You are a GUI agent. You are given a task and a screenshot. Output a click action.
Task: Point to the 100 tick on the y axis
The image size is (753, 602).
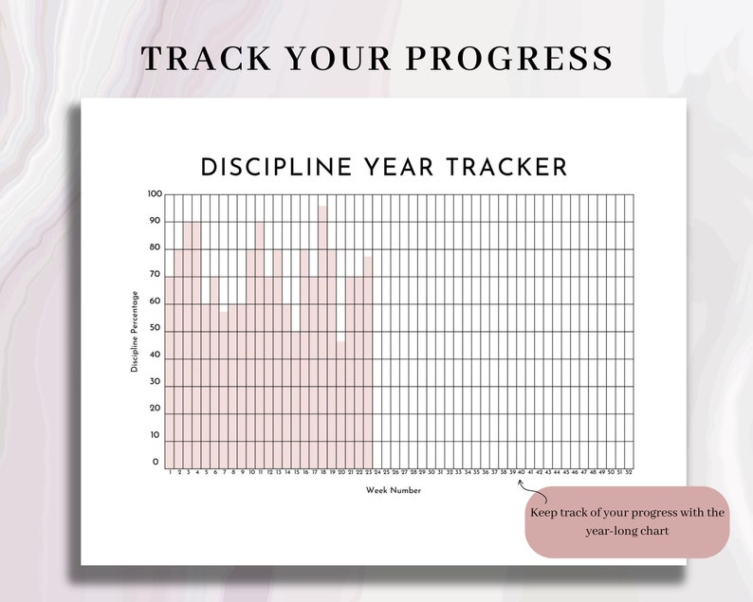click(155, 194)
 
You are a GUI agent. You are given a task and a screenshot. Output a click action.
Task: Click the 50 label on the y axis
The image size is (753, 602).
click(155, 328)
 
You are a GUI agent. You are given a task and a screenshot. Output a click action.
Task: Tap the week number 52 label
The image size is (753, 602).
click(629, 472)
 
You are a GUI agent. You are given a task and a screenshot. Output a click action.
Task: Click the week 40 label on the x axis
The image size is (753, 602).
click(521, 472)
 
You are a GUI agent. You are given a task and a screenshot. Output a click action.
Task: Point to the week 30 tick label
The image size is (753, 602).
click(431, 472)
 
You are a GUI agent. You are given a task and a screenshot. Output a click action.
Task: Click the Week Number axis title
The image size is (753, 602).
click(394, 490)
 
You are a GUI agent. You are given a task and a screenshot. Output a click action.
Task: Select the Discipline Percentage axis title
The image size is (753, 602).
click(135, 331)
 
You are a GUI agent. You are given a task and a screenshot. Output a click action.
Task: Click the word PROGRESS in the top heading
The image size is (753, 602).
click(512, 58)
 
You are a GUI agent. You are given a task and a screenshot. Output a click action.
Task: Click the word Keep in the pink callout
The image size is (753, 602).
click(543, 513)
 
